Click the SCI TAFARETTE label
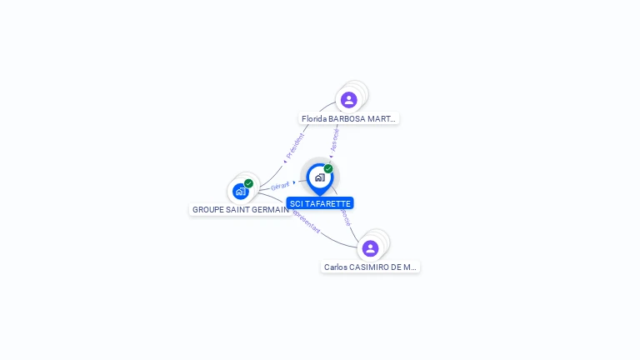coord(320,203)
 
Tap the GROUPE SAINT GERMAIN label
coord(240,210)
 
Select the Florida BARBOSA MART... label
coord(349,119)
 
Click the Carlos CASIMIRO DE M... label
coord(370,267)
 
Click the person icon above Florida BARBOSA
coord(349,100)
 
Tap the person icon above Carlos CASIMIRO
coord(371,248)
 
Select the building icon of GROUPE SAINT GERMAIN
coord(240,192)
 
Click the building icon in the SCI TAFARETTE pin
coord(319,177)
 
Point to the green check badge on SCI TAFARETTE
coord(328,169)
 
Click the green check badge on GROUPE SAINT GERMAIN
coord(248,183)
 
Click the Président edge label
coord(295,146)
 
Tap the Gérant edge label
coord(280,186)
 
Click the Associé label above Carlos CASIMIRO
coord(344,217)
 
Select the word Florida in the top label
coord(313,119)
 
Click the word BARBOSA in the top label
coord(346,119)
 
